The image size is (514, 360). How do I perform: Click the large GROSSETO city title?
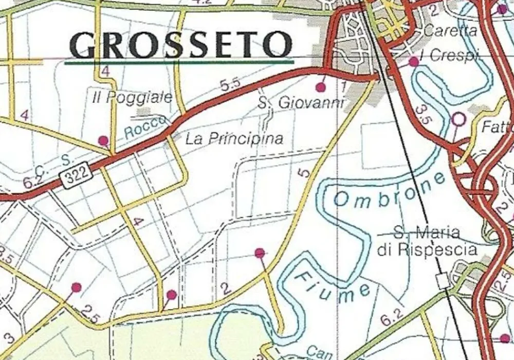point(181,45)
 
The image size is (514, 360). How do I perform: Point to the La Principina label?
point(234,138)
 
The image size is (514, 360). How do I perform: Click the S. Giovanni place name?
point(301,103)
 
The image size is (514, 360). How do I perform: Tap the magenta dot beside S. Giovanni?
point(321,86)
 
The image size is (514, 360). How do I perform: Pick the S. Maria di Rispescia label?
point(427,241)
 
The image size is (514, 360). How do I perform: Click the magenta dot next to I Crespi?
point(414,62)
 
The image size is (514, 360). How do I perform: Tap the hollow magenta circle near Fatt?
point(458,119)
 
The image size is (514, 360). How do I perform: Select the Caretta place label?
point(450,30)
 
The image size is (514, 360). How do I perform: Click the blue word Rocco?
point(145,127)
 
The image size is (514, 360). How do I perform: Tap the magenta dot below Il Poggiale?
point(103,140)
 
